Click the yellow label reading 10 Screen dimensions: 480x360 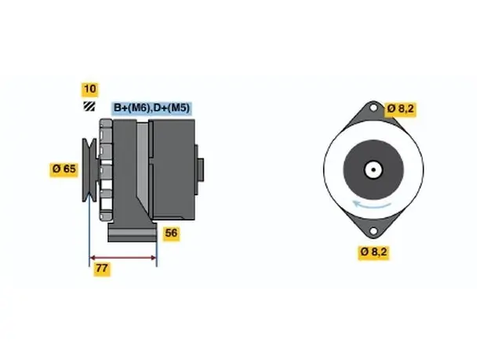pos(89,89)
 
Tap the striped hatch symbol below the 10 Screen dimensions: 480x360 pos(89,106)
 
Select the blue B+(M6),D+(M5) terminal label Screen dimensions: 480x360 pos(151,108)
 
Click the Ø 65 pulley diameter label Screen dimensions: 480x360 pos(64,169)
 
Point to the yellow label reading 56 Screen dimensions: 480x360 pos(171,233)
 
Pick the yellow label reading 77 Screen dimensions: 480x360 pos(102,268)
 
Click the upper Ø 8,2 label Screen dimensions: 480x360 pos(401,109)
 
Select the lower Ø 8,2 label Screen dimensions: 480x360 pos(373,252)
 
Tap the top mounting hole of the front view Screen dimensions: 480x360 pos(373,107)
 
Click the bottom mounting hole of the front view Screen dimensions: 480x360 pos(373,231)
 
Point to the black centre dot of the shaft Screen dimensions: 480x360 pos(373,169)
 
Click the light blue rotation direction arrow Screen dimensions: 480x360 pos(372,205)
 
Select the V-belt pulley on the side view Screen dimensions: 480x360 pos(89,170)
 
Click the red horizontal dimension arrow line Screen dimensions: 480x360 pos(123,258)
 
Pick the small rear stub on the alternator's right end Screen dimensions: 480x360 pos(201,170)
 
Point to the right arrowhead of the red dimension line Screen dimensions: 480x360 pos(154,258)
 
